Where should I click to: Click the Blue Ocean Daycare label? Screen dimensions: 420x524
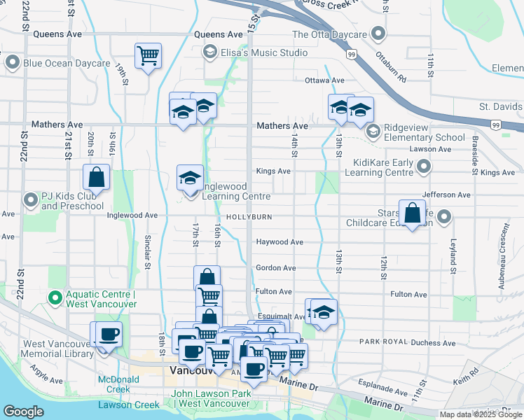pyautogui.click(x=67, y=63)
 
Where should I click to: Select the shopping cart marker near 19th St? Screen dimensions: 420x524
pyautogui.click(x=148, y=55)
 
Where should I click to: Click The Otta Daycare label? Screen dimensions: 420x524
pyautogui.click(x=329, y=34)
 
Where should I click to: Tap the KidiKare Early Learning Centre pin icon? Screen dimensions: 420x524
pyautogui.click(x=424, y=167)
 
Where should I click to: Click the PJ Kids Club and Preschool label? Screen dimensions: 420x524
pyautogui.click(x=72, y=202)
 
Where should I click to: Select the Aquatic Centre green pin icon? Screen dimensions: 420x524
pyautogui.click(x=55, y=298)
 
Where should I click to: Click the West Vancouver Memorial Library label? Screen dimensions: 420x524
pyautogui.click(x=58, y=349)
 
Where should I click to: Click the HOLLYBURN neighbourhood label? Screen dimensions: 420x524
pyautogui.click(x=249, y=218)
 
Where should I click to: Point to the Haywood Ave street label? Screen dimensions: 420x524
pyautogui.click(x=280, y=242)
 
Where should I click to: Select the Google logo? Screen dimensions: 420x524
pyautogui.click(x=24, y=412)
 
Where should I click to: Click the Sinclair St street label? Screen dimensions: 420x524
pyautogui.click(x=148, y=252)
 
